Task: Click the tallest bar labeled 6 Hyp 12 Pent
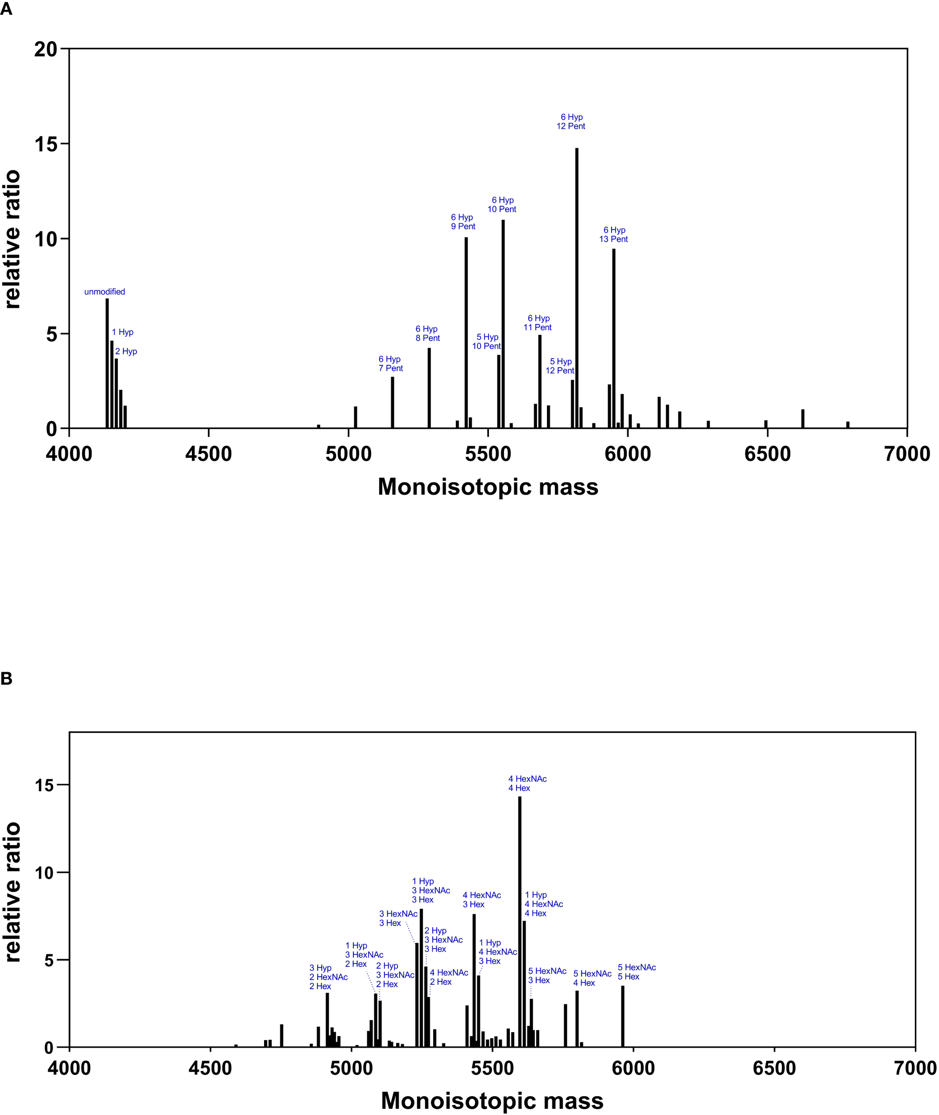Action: click(576, 287)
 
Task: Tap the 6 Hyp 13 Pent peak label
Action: click(614, 235)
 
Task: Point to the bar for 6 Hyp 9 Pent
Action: click(466, 333)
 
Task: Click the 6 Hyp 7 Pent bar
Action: click(392, 402)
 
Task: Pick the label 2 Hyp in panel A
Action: click(126, 351)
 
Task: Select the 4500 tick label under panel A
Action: click(209, 454)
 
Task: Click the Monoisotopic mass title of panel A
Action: click(488, 487)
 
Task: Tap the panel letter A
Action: click(6, 9)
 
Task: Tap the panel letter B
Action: click(6, 678)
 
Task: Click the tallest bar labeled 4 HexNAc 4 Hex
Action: click(520, 921)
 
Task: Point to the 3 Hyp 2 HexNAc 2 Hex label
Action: click(328, 977)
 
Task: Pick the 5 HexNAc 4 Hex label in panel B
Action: click(592, 978)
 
